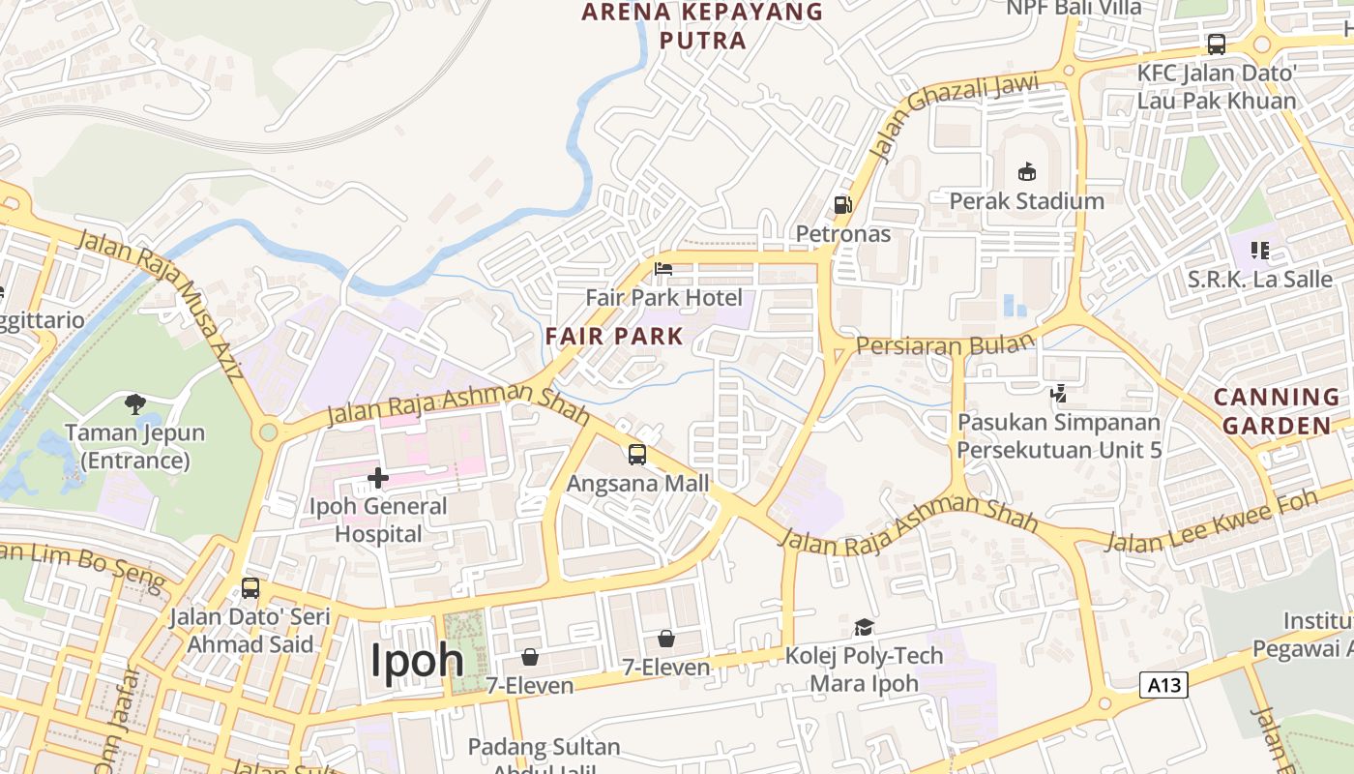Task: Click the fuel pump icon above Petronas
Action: pos(843,205)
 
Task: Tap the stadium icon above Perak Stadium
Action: pos(1026,172)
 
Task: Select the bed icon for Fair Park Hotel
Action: pos(663,269)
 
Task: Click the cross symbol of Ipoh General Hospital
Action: pos(377,477)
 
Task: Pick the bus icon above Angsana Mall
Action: pos(637,455)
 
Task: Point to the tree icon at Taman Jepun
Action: pos(135,403)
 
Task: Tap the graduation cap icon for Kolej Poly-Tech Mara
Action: pos(864,627)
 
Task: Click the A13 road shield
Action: pos(1163,685)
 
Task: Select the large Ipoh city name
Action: pos(417,660)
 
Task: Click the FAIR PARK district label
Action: pos(614,337)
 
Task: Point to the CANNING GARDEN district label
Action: pos(1277,411)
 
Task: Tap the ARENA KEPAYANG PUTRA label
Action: pos(703,26)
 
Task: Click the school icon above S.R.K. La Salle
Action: pos(1259,252)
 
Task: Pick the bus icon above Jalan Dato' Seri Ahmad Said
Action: pos(250,587)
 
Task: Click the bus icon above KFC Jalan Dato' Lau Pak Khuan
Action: pos(1216,45)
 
